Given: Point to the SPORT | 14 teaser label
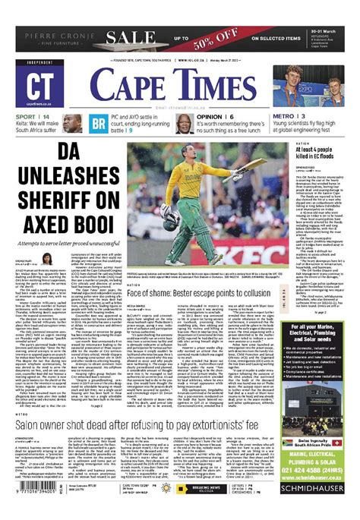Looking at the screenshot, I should [33, 115].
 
